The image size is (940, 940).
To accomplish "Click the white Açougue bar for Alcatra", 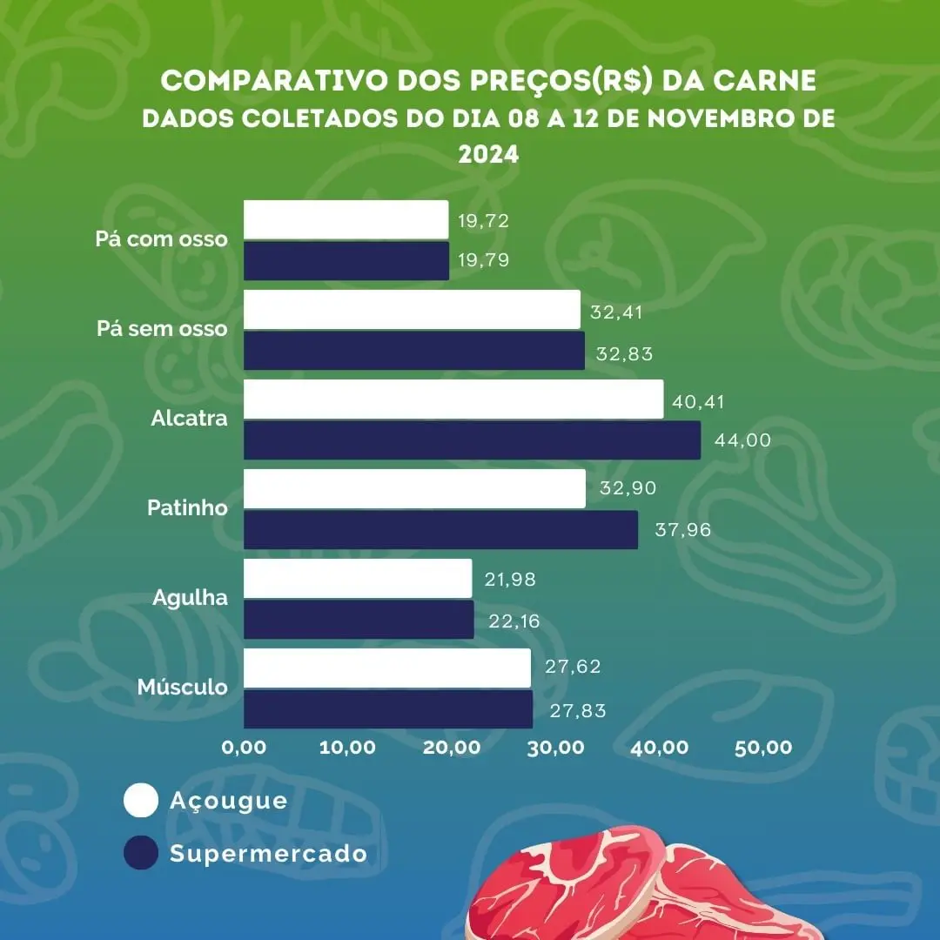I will click(453, 399).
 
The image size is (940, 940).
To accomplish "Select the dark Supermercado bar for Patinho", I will click(440, 530).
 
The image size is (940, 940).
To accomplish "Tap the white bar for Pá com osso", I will click(346, 219).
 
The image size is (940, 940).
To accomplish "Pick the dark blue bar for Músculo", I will click(387, 709).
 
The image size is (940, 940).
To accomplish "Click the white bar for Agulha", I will click(357, 579).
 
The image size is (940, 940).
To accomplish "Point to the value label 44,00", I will click(742, 440).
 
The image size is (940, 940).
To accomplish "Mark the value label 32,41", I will click(615, 312).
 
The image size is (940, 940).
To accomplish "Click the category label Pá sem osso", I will click(161, 329).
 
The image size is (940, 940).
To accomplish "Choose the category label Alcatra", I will click(189, 418).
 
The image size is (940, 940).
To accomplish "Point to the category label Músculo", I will click(183, 688).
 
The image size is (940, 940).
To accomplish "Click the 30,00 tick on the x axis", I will click(557, 748).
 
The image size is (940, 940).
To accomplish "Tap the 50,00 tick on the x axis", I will click(763, 748).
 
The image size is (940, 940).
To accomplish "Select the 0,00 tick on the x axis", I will click(244, 748).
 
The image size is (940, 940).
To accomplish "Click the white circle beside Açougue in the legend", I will click(141, 801).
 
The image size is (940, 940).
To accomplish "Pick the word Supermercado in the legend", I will click(268, 854).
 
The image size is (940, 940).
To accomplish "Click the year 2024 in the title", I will click(488, 155).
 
